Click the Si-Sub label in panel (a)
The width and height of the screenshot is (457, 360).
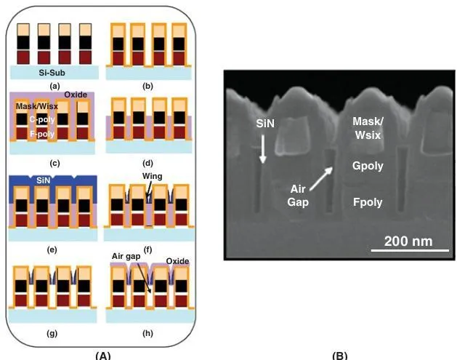click(x=54, y=73)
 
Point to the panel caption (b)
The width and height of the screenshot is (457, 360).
click(x=148, y=86)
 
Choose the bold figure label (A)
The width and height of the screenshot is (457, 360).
click(x=102, y=354)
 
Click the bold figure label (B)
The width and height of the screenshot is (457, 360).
click(x=339, y=354)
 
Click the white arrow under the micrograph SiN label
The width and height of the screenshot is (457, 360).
click(x=263, y=151)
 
